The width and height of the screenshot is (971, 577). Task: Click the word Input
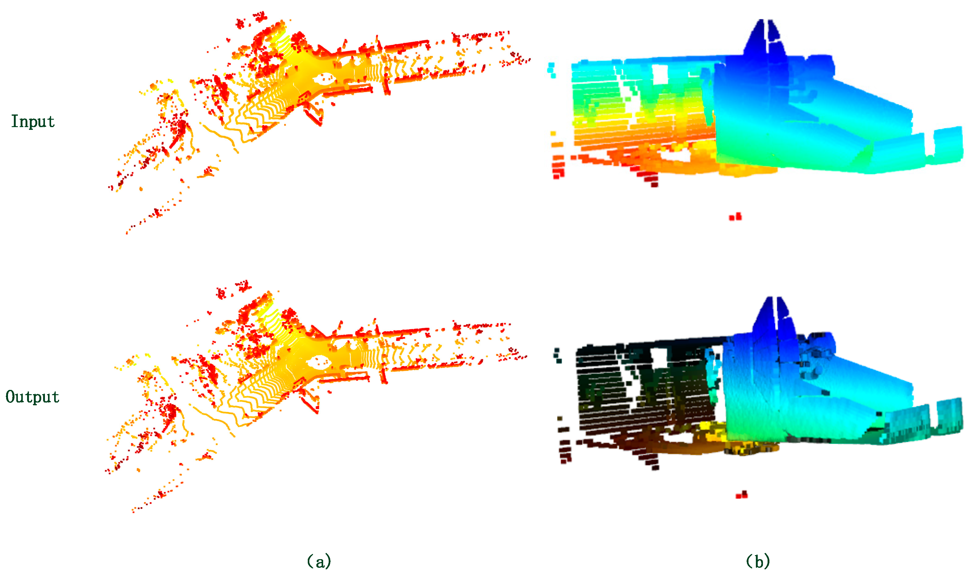click(x=33, y=121)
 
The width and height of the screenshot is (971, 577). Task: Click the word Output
click(x=32, y=397)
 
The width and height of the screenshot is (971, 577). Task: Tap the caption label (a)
click(x=319, y=561)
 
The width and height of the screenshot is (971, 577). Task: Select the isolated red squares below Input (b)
click(x=735, y=217)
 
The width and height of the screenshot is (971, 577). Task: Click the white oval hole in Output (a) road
click(x=319, y=363)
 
